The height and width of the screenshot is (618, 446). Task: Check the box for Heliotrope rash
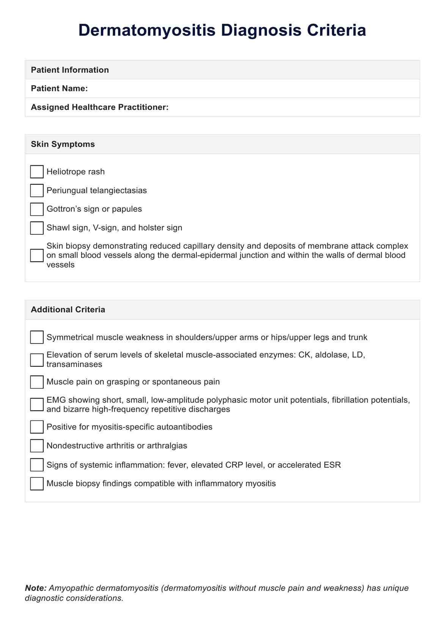[37, 172]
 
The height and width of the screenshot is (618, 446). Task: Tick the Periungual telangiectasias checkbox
[37, 190]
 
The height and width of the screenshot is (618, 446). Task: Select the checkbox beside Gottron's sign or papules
[37, 209]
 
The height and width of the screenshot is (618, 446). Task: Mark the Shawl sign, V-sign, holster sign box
[37, 228]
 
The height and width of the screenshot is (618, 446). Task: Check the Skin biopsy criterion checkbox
[37, 255]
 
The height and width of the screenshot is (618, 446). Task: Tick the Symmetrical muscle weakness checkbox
[37, 337]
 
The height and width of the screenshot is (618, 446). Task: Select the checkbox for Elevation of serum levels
[37, 360]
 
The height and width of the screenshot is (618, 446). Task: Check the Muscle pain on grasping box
[37, 382]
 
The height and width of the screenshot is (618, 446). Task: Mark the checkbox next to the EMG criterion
[37, 405]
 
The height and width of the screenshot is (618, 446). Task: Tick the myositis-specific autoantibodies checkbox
[37, 427]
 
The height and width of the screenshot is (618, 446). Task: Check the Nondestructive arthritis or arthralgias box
[37, 446]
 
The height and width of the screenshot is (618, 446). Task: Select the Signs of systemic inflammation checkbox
[37, 465]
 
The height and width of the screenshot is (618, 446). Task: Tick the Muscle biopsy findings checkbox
[37, 483]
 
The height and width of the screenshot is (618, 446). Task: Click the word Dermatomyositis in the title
[148, 30]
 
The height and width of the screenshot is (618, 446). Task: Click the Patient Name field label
[59, 89]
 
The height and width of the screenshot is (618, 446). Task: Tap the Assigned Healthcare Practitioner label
[99, 107]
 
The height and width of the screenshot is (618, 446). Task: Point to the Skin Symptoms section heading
[63, 144]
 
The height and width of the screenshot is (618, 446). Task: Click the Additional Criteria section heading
[68, 310]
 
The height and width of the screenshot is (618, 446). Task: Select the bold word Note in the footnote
[36, 588]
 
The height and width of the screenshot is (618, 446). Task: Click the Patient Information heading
[70, 70]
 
